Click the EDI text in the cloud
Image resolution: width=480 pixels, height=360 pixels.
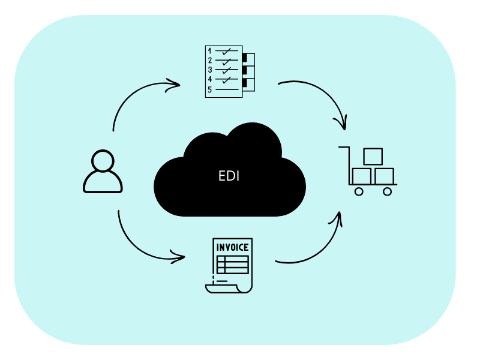pos(229,176)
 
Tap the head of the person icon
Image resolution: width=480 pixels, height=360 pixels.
pos(103,161)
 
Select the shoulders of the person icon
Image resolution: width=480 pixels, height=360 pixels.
pos(103,182)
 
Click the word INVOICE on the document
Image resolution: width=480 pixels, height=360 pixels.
pos(232,247)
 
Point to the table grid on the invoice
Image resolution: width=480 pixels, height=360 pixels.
pos(232,265)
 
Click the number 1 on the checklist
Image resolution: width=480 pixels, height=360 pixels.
pos(209,51)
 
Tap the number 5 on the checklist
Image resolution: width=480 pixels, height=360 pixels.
pos(209,90)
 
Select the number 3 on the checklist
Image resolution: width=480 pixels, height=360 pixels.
pos(209,70)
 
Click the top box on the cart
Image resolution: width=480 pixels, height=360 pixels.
pos(373,157)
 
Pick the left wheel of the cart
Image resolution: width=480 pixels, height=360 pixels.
pos(359,191)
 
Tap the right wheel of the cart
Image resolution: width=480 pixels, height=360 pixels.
pos(387,191)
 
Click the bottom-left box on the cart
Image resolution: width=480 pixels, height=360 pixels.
pos(362,176)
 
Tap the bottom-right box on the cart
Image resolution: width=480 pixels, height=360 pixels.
pos(384,176)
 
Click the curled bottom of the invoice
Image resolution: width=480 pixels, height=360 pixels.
pos(228,289)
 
